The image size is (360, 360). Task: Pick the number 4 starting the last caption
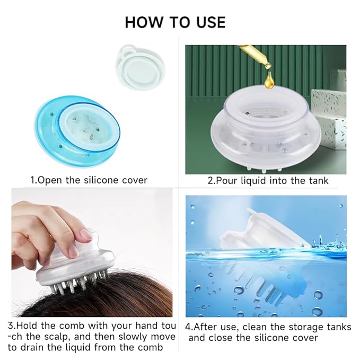coord(188,327)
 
